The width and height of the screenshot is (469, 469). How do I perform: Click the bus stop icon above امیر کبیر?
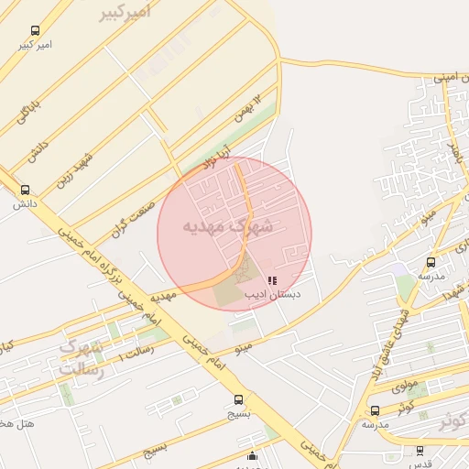coord(36,31)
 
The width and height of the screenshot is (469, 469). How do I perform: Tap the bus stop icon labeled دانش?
coord(25,191)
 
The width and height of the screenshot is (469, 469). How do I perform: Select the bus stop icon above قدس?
coord(420,451)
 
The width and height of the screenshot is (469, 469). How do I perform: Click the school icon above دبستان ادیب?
coord(271,280)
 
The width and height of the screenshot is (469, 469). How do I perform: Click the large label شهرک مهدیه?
coord(228,224)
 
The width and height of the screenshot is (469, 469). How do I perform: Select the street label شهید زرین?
coord(72,168)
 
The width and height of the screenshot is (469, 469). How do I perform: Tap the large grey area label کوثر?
coord(455,422)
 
